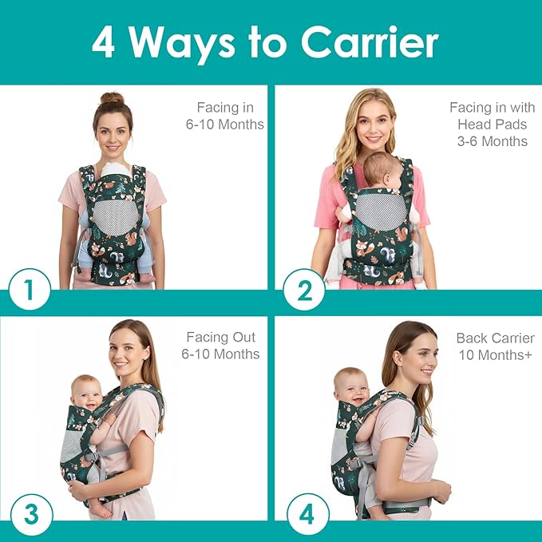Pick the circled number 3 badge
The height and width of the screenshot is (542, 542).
click(30, 514)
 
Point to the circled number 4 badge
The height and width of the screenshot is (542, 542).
click(306, 514)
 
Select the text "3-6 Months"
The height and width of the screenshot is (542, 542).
click(493, 141)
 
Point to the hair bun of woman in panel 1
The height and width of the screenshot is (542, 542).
click(112, 100)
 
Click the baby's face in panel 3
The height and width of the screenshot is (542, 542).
click(87, 394)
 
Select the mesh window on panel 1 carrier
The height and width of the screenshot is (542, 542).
click(112, 214)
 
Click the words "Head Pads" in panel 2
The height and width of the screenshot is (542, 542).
click(493, 125)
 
